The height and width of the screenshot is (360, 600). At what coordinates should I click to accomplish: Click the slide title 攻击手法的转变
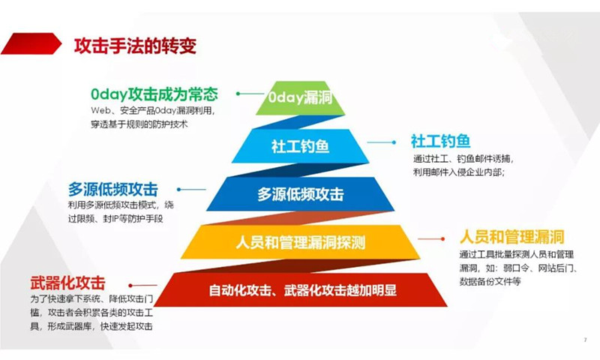point(135,46)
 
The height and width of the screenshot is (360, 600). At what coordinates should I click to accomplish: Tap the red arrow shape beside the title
point(31,43)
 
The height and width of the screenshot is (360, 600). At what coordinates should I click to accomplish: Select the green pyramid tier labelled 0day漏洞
point(301,98)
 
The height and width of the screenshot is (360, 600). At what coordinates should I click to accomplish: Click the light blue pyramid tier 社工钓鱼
point(301,146)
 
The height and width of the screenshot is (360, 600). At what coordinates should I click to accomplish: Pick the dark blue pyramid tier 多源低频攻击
point(301,194)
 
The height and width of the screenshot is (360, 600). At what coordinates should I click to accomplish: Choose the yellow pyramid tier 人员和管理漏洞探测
point(301,241)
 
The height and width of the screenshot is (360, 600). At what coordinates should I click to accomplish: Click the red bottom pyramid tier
point(301,289)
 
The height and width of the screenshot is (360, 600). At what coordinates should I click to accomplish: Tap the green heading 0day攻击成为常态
point(154,94)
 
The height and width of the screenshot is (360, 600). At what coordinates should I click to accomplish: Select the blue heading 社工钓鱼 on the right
point(440,141)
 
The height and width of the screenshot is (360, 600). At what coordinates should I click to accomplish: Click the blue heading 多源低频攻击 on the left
point(113,189)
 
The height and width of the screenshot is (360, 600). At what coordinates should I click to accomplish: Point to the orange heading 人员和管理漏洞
point(512,237)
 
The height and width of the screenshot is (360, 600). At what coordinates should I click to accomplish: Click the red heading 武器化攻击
point(67,283)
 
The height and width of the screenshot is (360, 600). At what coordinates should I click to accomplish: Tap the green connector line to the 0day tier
point(251,94)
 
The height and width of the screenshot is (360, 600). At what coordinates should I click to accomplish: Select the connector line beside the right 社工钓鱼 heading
point(382,142)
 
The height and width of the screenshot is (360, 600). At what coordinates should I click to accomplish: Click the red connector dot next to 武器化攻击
point(130,286)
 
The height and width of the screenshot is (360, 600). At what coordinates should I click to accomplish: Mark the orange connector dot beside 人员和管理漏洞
point(442,239)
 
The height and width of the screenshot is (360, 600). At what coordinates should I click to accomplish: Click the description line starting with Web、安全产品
point(153,111)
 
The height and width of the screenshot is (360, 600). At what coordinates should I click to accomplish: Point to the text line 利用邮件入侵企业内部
point(458,172)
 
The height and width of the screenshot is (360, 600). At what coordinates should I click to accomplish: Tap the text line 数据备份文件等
point(490,281)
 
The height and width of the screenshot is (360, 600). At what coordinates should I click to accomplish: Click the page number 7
point(585,340)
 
